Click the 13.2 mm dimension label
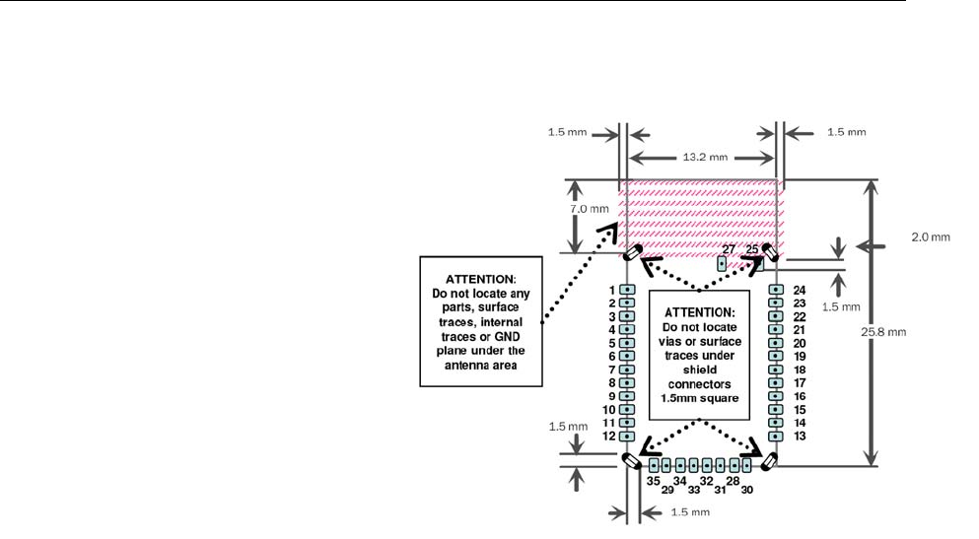coord(703,157)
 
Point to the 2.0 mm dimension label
coord(928,236)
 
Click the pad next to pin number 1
coord(626,290)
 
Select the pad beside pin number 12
coord(626,436)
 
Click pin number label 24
coord(800,291)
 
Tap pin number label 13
coord(800,436)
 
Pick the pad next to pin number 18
coord(776,370)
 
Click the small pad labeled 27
coord(723,264)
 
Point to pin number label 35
coord(653,481)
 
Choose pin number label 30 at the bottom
coord(747,490)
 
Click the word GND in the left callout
coord(500,337)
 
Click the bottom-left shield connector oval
coord(631,461)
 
